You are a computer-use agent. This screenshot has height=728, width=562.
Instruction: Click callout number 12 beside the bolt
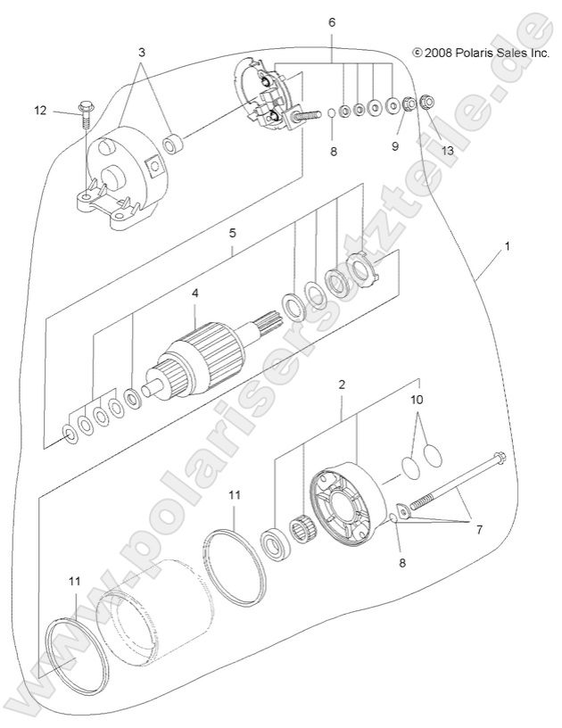(40, 110)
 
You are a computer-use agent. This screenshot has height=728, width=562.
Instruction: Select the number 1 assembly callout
(507, 245)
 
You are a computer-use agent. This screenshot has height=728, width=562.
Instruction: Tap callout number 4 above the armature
(194, 292)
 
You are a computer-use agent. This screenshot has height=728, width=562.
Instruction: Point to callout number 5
(232, 232)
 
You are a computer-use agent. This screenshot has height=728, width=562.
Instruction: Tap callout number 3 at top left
(142, 52)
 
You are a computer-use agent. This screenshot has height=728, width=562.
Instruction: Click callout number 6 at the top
(332, 20)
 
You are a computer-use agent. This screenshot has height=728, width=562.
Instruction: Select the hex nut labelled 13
(426, 102)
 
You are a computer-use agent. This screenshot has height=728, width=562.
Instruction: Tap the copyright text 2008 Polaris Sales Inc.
(482, 53)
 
